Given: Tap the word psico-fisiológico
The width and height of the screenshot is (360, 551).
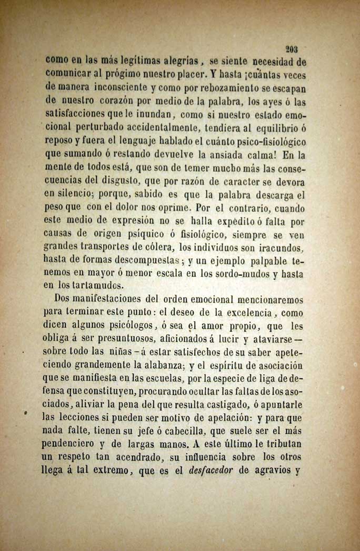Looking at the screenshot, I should tap(265, 142).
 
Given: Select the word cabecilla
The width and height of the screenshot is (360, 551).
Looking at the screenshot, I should tap(174, 432).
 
